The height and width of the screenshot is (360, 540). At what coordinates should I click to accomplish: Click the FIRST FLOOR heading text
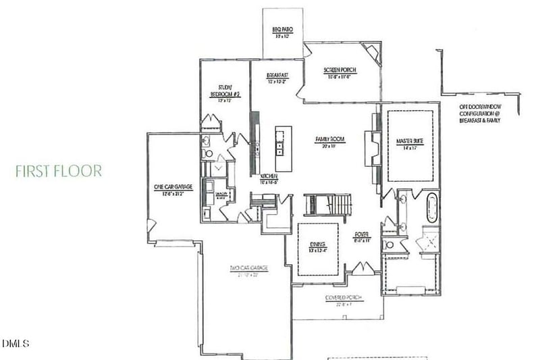coord(59,170)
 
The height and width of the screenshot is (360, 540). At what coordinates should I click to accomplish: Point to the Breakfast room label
coord(277,78)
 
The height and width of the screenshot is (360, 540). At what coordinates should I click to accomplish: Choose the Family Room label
coord(330,142)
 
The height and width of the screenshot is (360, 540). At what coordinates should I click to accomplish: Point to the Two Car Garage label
coord(249,271)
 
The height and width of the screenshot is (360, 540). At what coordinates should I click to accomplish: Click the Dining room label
coord(318,247)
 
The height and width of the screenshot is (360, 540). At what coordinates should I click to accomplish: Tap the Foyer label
coord(362,236)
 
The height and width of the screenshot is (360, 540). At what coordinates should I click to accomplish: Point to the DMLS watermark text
coord(15,344)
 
